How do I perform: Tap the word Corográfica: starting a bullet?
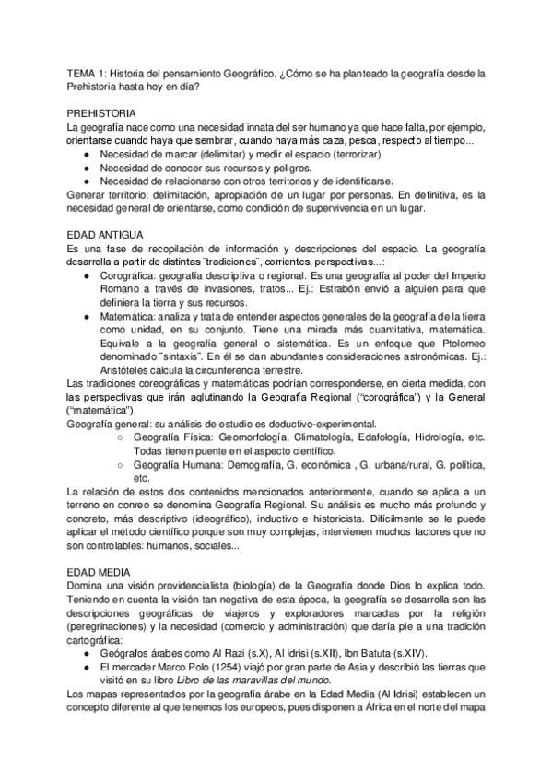point(129,274)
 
